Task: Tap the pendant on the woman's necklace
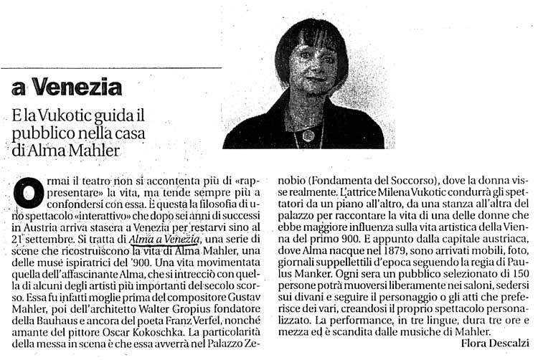[x=309, y=134]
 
